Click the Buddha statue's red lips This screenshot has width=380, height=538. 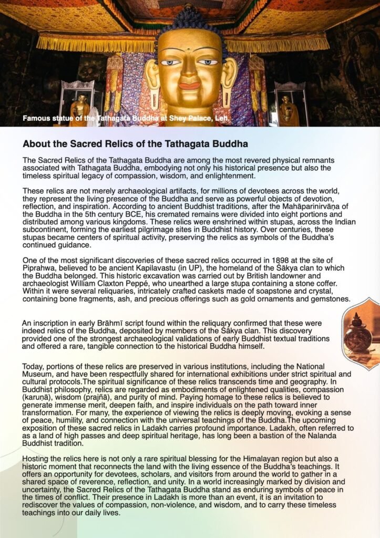point(189,85)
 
